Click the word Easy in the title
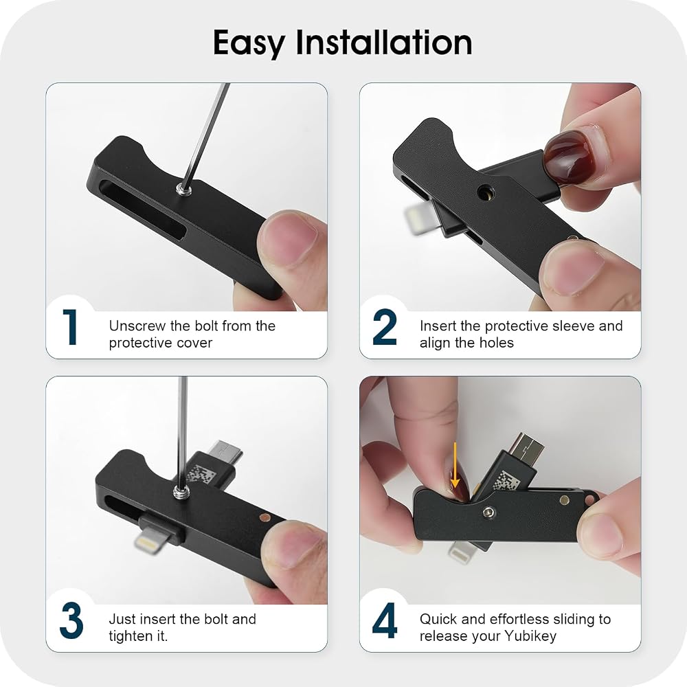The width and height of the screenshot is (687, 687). point(249,43)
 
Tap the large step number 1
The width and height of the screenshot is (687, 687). point(71,327)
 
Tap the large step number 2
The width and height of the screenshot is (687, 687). point(385,327)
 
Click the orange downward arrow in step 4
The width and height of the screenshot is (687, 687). point(455,465)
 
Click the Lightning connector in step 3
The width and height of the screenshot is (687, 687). point(151,537)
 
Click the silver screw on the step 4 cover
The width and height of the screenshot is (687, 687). point(488,512)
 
